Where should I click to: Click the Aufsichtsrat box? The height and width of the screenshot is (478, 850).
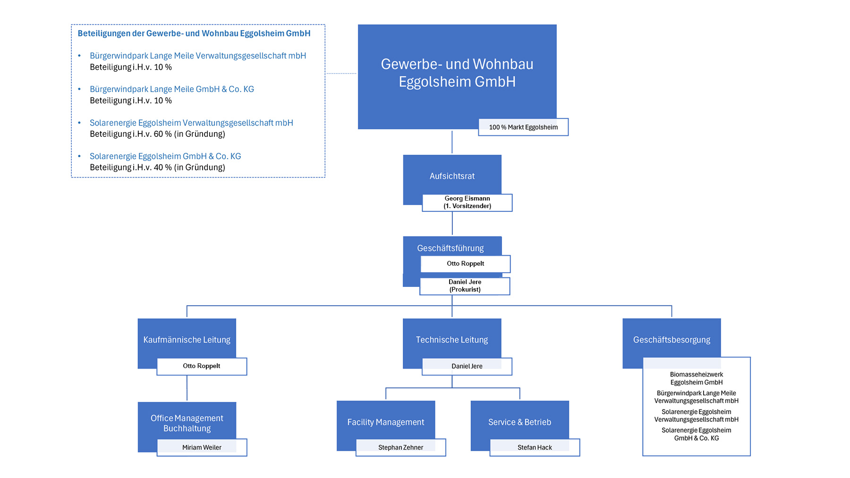(x=452, y=176)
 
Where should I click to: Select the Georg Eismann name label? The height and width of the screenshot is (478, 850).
(x=467, y=202)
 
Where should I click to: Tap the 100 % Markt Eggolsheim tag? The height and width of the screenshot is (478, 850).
(x=523, y=127)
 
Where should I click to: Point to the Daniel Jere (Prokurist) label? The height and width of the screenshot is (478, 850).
(x=465, y=286)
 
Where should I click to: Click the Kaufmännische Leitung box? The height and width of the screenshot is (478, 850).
(x=187, y=339)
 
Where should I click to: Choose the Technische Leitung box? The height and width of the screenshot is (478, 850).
(x=452, y=339)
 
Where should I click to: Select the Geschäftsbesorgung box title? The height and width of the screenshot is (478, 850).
(x=671, y=339)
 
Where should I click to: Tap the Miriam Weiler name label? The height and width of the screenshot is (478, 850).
(x=202, y=447)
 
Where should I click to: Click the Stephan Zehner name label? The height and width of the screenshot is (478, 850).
(x=400, y=447)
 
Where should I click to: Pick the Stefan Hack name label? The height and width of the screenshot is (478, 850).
(x=535, y=447)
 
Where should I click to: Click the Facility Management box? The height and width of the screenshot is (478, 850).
(x=386, y=422)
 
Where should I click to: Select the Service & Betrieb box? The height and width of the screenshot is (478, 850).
(x=519, y=422)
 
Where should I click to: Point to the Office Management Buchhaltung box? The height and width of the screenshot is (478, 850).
(x=187, y=423)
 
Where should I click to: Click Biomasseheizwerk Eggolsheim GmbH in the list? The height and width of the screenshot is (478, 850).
(x=697, y=378)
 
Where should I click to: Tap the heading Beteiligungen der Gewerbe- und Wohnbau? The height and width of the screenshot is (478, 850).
(x=194, y=34)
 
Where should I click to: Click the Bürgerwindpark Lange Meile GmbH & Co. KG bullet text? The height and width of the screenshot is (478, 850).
(x=172, y=89)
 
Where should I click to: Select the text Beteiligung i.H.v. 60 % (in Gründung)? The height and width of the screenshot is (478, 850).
(x=157, y=134)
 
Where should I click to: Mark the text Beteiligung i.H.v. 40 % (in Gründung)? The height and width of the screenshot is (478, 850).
(x=157, y=168)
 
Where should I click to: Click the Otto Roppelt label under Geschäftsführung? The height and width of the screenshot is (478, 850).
(x=465, y=264)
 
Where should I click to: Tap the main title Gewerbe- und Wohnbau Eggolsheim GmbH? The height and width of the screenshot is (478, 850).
(x=457, y=73)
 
